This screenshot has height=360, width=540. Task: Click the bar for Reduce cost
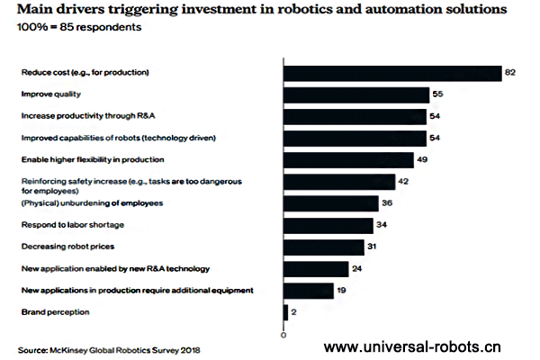pyautogui.click(x=392, y=73)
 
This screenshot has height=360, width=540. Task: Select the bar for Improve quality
pyautogui.click(x=356, y=94)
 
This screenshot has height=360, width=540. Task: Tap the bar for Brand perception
pyautogui.click(x=286, y=312)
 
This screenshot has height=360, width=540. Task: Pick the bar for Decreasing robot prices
pyautogui.click(x=324, y=247)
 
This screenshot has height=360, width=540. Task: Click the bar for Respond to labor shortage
pyautogui.click(x=328, y=225)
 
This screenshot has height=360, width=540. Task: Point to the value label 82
pyautogui.click(x=510, y=73)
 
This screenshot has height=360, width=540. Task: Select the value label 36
pyautogui.click(x=386, y=203)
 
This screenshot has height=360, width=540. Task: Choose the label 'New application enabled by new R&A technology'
pyautogui.click(x=114, y=268)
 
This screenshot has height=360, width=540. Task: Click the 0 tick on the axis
pyautogui.click(x=283, y=335)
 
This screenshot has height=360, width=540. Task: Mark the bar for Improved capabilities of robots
pyautogui.click(x=355, y=138)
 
